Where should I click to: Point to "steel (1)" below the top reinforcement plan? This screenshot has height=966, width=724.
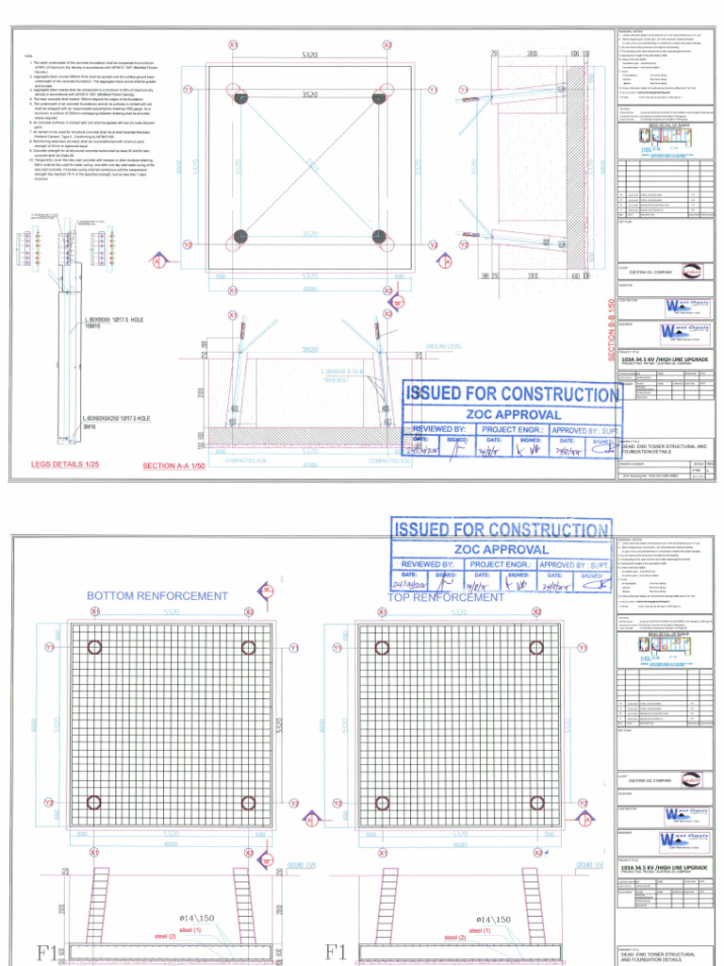479,930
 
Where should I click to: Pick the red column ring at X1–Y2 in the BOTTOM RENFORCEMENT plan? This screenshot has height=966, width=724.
94,804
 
